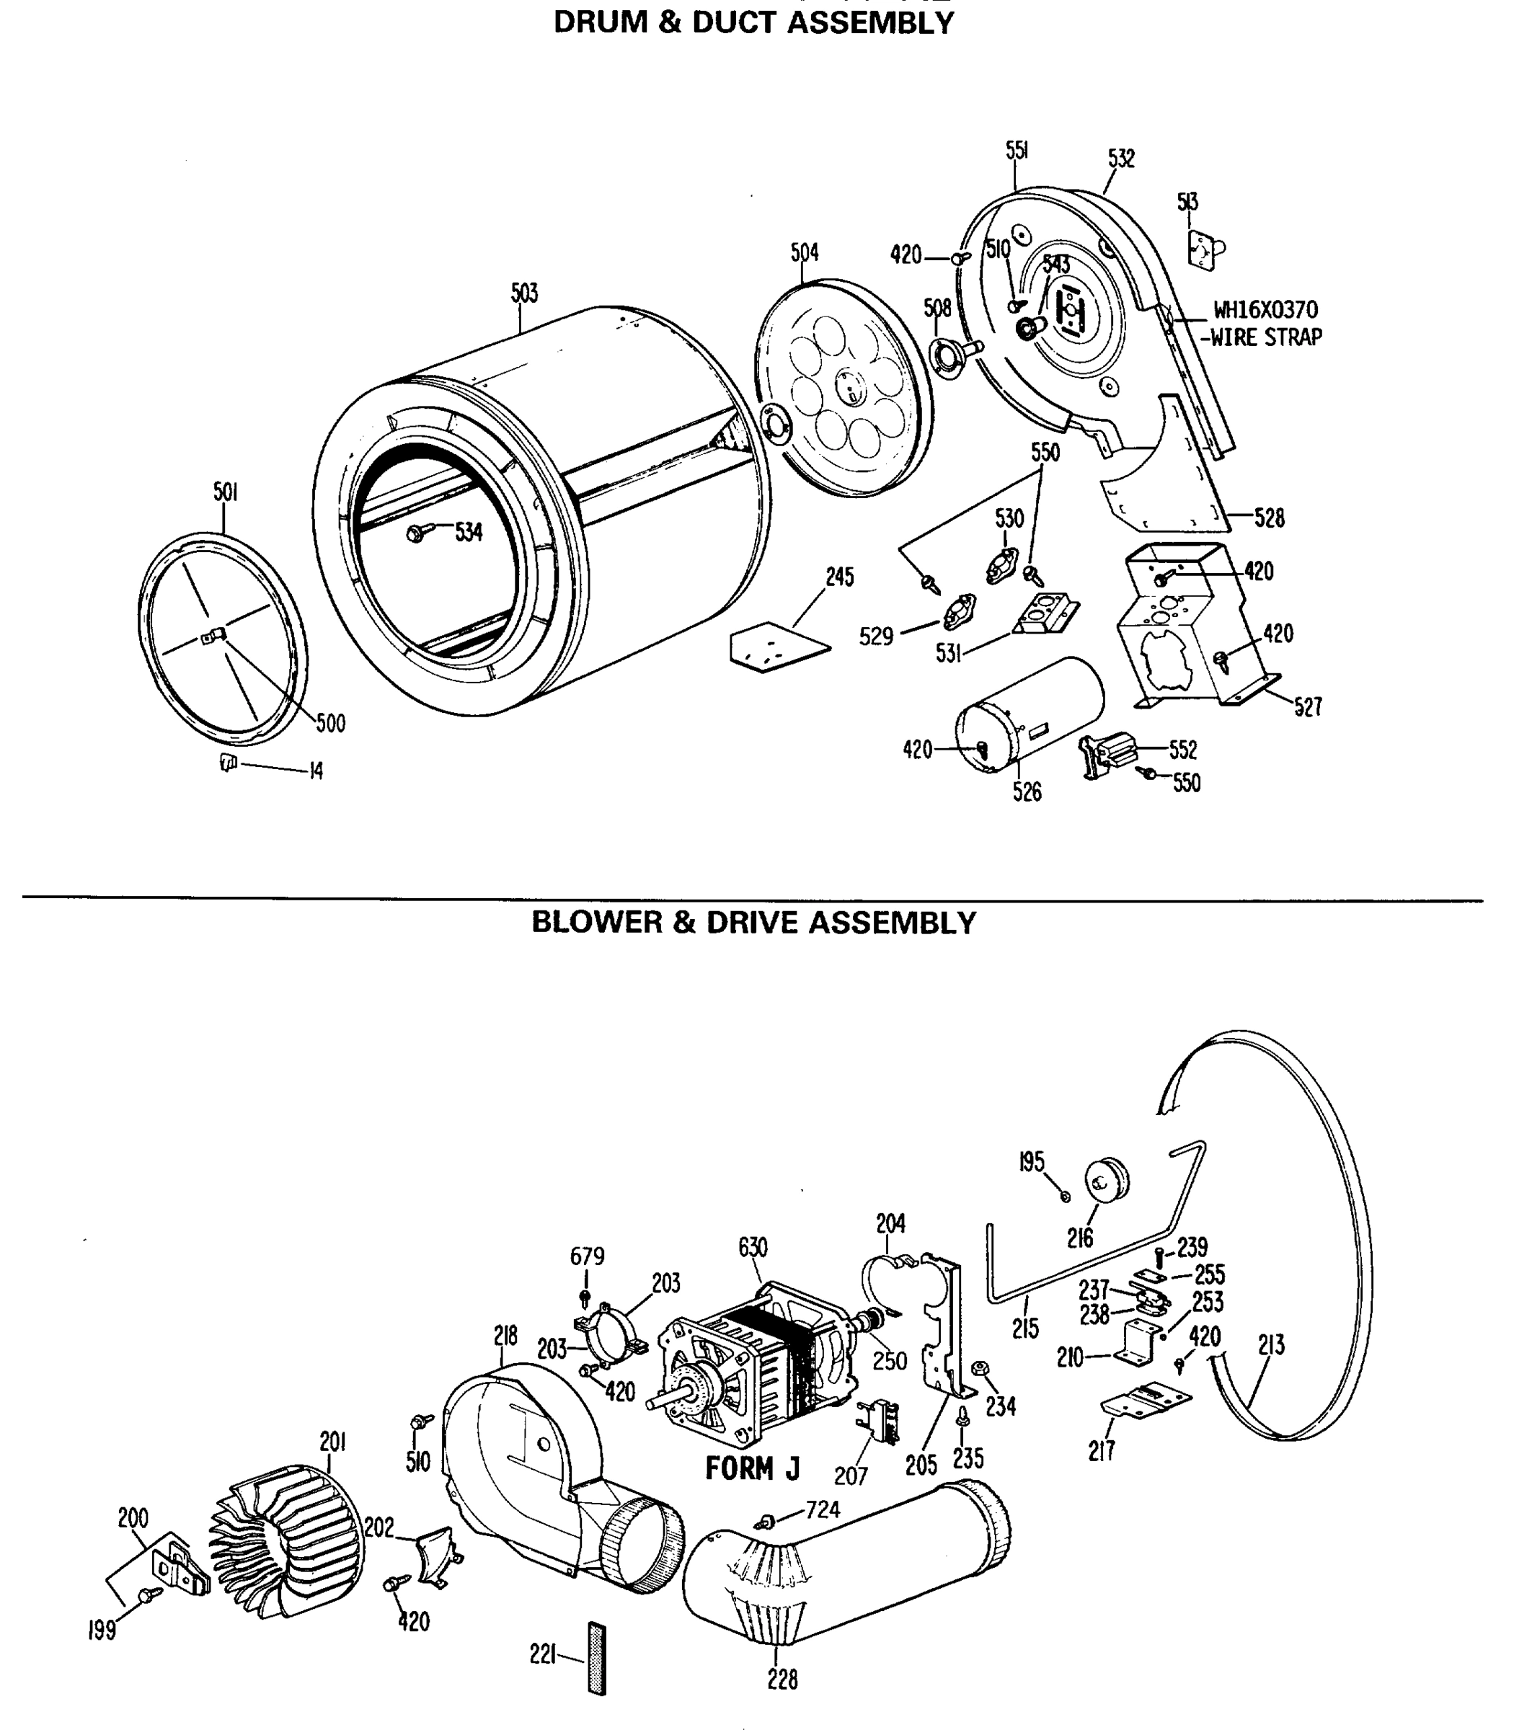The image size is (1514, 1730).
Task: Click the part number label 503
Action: pyautogui.click(x=524, y=293)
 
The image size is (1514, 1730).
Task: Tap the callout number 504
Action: pyautogui.click(x=805, y=252)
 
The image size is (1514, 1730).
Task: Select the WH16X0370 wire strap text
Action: pyautogui.click(x=1265, y=324)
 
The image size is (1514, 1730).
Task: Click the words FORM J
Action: pyautogui.click(x=752, y=1468)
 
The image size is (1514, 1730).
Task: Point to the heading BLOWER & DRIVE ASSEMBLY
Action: pyautogui.click(x=753, y=923)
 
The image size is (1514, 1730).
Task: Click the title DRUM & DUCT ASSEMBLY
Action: pyautogui.click(x=753, y=23)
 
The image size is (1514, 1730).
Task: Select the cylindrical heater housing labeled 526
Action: pyautogui.click(x=1031, y=714)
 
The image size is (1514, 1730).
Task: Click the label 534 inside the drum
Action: pyautogui.click(x=468, y=531)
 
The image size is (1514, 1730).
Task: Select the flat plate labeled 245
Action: pyautogui.click(x=778, y=647)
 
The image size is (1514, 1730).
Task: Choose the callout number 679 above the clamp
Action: pyautogui.click(x=586, y=1256)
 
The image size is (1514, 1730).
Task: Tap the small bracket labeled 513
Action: pyautogui.click(x=1205, y=250)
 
